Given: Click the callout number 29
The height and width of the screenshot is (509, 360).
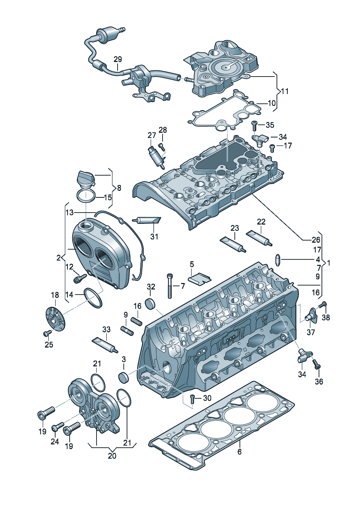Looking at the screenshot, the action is [118, 59].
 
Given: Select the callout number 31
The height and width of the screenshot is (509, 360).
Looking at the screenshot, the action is [154, 237].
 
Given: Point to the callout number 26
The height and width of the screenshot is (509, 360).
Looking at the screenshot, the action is [316, 239].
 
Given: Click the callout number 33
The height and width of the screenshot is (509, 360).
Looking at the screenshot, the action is [106, 329].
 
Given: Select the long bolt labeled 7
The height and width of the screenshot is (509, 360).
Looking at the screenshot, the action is [169, 286].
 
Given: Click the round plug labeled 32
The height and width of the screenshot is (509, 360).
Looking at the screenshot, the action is [150, 304].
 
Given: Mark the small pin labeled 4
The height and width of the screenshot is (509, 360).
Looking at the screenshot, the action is [278, 259].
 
